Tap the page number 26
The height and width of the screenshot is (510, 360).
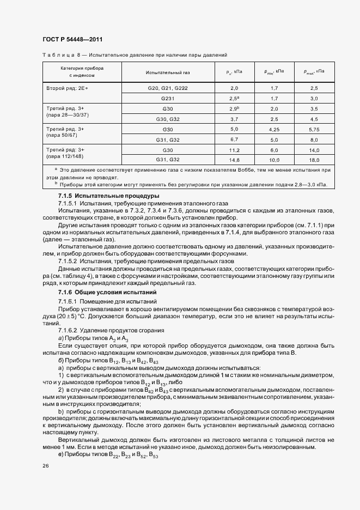pos(45,466)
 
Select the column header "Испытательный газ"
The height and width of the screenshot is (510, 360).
pos(168,72)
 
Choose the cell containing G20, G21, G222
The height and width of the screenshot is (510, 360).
pos(168,88)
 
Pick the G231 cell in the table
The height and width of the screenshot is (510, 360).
pos(168,98)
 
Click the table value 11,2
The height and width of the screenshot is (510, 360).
pos(235,149)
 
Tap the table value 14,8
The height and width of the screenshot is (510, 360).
pos(235,160)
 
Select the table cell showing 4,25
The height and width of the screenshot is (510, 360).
pos(274,129)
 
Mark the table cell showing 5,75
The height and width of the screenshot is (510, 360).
pos(314,129)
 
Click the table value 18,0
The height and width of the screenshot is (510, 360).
pos(314,160)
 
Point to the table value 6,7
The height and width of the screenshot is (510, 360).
pos(235,139)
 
